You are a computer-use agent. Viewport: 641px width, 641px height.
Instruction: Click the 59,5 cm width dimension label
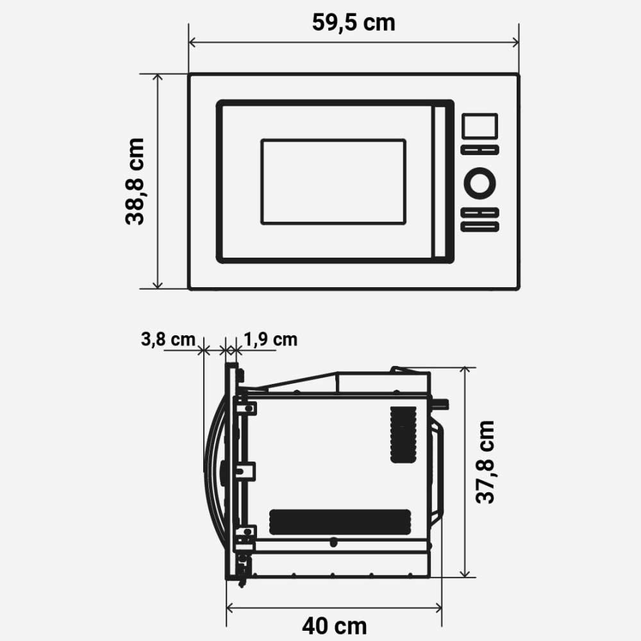tap(354, 22)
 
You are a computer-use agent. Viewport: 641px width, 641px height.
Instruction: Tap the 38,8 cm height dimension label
tap(135, 181)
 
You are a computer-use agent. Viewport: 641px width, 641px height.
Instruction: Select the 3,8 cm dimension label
tap(168, 339)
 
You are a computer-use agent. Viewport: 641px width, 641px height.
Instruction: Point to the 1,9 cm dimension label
tap(271, 339)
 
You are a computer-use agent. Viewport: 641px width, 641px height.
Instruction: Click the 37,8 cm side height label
tap(486, 462)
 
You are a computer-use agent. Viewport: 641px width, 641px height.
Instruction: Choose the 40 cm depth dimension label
tap(335, 626)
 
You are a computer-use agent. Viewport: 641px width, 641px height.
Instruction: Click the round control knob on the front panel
tap(479, 183)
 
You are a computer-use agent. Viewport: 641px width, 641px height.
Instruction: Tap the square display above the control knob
tap(480, 126)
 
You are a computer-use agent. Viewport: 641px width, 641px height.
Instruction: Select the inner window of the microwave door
tap(333, 182)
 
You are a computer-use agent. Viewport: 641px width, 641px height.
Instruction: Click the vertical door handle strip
tap(440, 181)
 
